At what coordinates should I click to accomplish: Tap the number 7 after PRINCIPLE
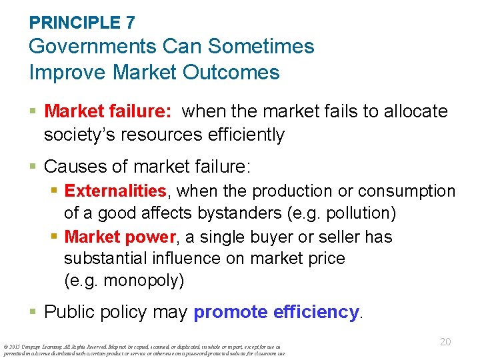129,22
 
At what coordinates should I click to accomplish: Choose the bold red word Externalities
115,191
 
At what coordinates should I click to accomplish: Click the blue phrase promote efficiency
276,311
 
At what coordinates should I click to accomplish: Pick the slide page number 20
445,342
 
